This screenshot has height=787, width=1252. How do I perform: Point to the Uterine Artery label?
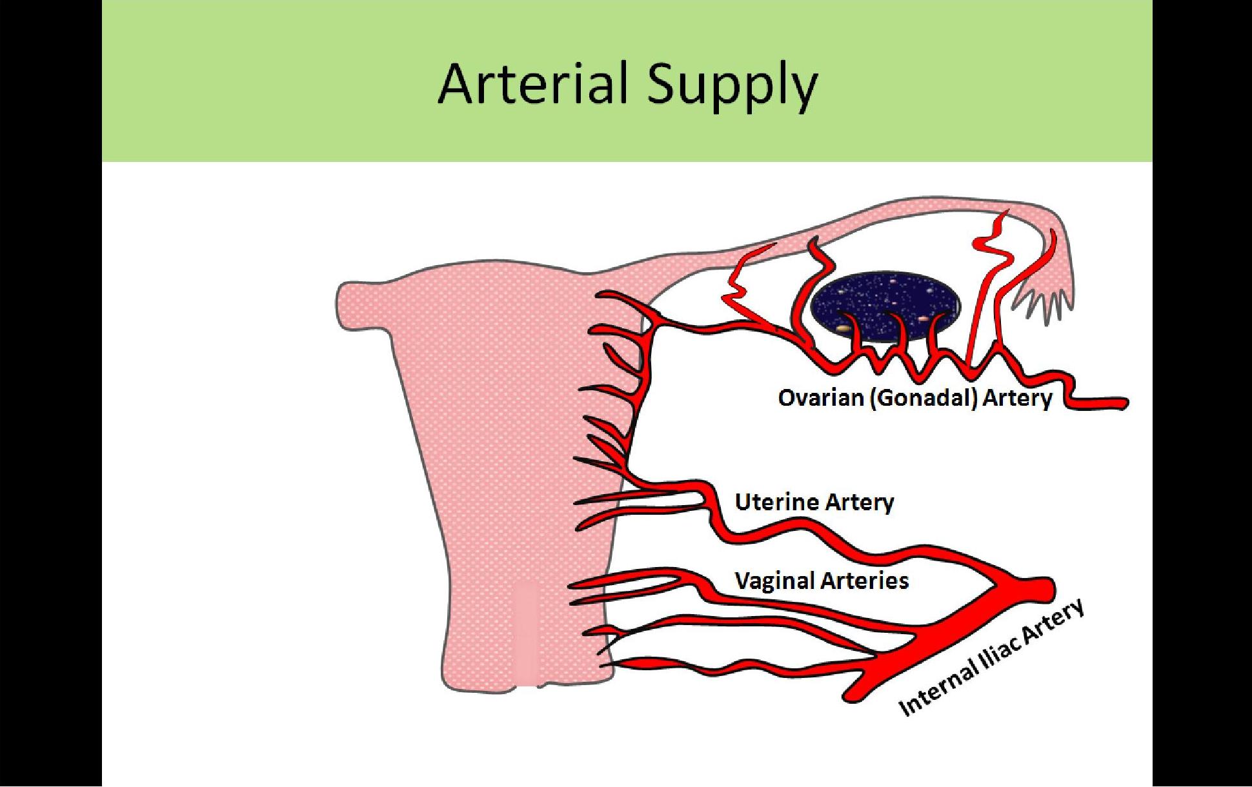coord(814,502)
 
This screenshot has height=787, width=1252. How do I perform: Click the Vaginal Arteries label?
coord(822,581)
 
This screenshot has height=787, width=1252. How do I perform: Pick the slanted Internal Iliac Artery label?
coord(991,658)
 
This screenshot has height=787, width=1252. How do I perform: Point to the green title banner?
coord(627,81)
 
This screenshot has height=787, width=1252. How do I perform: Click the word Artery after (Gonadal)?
coord(1018,398)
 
